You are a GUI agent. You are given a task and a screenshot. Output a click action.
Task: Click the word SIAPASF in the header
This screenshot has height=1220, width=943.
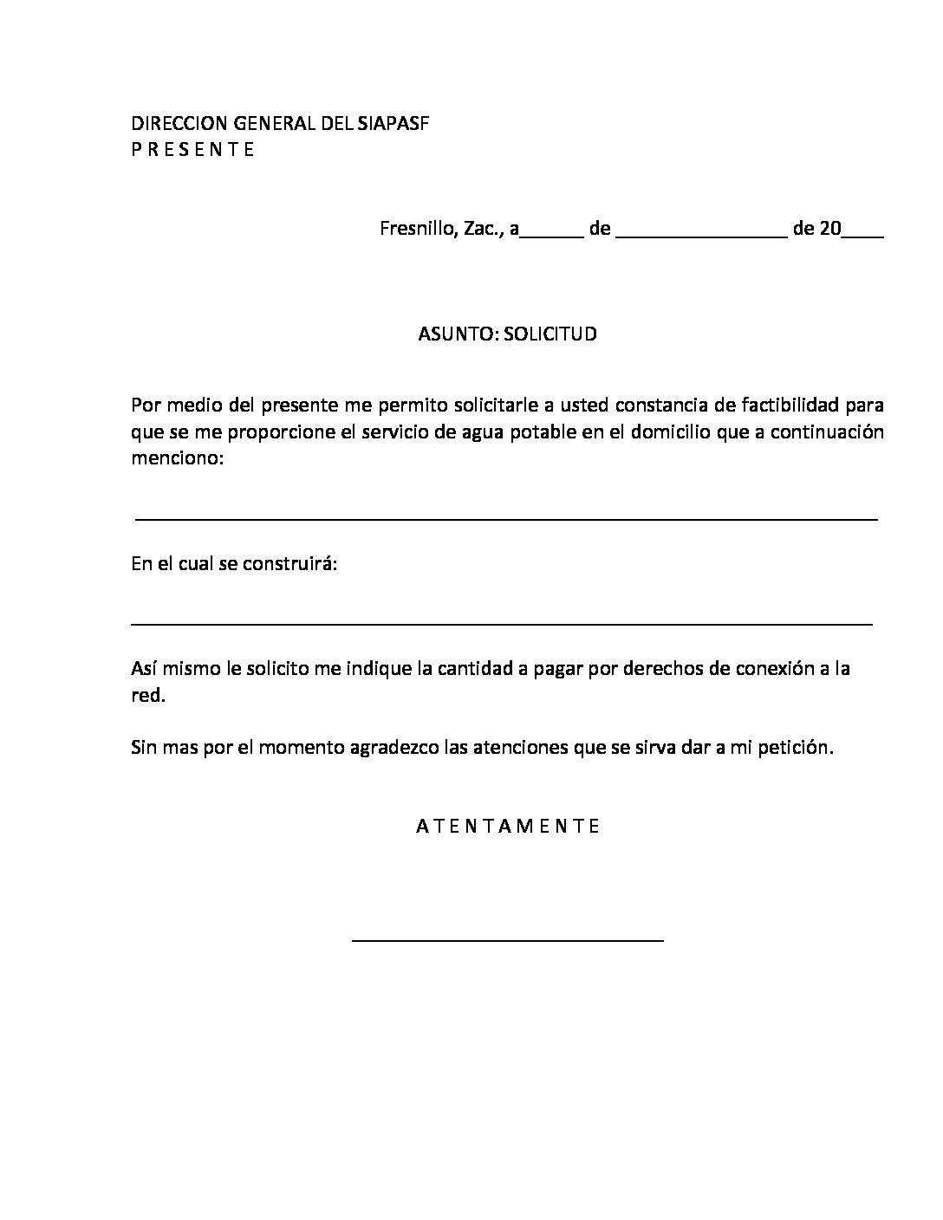[393, 123]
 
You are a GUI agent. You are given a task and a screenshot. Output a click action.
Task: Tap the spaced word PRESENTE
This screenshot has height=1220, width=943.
[192, 149]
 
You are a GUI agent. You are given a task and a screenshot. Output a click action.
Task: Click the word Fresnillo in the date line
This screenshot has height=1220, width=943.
[413, 230]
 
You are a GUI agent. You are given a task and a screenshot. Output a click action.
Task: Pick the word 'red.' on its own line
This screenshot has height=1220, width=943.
[147, 696]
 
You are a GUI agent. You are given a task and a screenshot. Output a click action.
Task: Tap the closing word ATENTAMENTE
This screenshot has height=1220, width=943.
[508, 826]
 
